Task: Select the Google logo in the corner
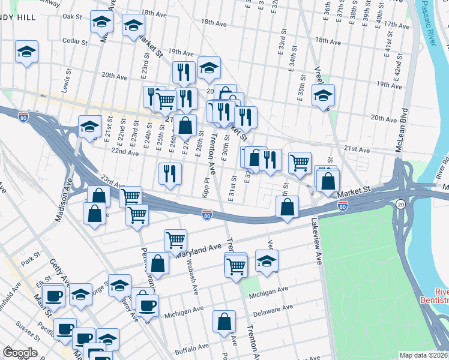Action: pyautogui.click(x=20, y=352)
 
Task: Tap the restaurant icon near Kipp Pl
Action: pyautogui.click(x=170, y=173)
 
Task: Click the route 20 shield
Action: pyautogui.click(x=400, y=205)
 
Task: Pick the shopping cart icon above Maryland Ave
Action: pyautogui.click(x=175, y=240)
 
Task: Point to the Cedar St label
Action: pyautogui.click(x=75, y=41)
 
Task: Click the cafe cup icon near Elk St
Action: pyautogui.click(x=54, y=296)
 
